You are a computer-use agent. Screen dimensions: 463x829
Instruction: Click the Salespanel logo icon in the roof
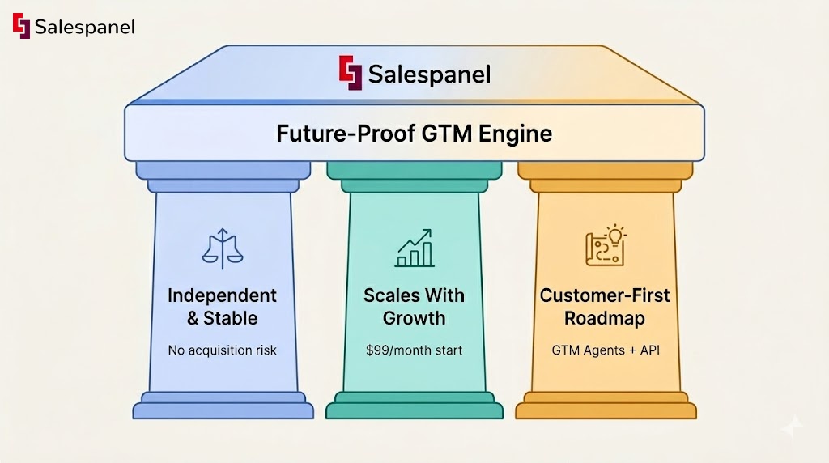(x=350, y=73)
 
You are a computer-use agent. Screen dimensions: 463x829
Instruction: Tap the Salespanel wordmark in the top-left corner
(x=84, y=27)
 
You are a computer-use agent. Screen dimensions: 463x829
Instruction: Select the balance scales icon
(x=222, y=248)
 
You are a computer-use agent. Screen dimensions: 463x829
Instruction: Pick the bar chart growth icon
(x=414, y=248)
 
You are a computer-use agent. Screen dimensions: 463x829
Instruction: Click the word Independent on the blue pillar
(x=222, y=295)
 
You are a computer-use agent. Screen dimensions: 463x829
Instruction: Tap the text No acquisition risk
(x=222, y=350)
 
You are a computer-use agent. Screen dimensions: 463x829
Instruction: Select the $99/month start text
(x=414, y=350)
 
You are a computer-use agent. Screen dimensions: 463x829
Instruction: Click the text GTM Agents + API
(x=605, y=350)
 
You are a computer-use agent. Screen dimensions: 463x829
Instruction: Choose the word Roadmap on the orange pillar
(x=605, y=318)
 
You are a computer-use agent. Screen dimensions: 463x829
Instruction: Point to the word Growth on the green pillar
(x=414, y=318)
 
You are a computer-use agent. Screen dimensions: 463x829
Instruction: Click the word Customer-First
(x=605, y=295)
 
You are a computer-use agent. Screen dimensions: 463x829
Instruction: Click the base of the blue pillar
(x=223, y=406)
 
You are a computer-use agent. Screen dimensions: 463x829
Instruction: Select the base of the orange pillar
(x=606, y=406)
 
